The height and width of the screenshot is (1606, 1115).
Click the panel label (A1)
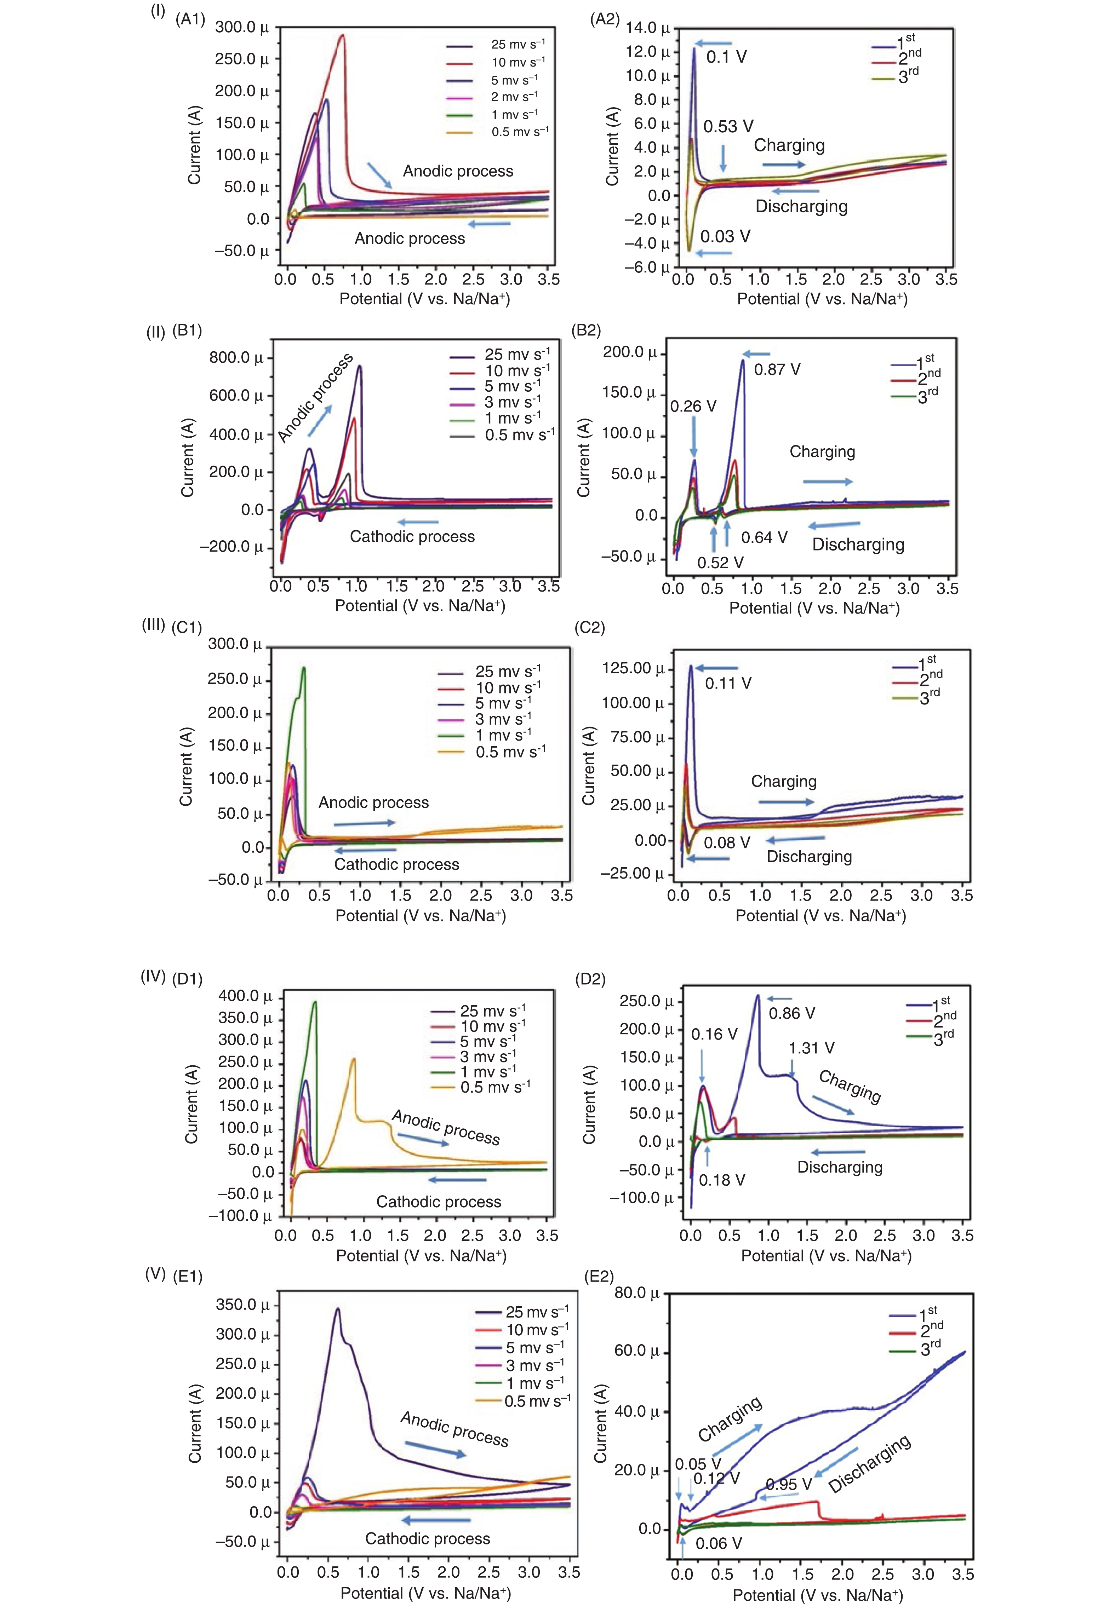click(x=190, y=19)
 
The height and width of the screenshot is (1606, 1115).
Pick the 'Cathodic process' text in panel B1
click(x=412, y=536)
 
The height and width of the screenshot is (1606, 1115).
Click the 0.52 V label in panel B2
click(x=720, y=562)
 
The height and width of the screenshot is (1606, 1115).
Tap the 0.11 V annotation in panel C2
click(x=728, y=684)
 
